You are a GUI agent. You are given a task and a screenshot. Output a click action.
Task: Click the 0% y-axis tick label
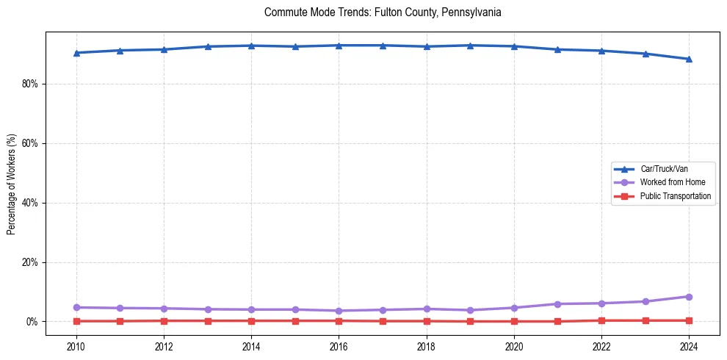pyautogui.click(x=32, y=322)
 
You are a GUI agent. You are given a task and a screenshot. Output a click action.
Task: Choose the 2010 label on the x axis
pyautogui.click(x=76, y=345)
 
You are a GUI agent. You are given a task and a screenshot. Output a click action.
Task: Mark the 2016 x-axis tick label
pyautogui.click(x=339, y=345)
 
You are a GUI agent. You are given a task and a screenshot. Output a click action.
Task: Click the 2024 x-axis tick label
pyautogui.click(x=689, y=345)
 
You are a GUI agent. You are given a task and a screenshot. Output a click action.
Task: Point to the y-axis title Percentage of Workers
pyautogui.click(x=12, y=183)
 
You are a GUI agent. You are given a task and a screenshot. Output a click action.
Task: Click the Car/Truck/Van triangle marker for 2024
pyautogui.click(x=689, y=59)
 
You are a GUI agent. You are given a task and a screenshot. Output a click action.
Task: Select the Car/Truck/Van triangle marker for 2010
pyautogui.click(x=76, y=53)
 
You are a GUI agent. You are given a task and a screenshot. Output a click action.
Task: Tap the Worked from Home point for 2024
pyautogui.click(x=689, y=297)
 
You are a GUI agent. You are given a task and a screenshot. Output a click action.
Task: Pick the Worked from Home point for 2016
pyautogui.click(x=339, y=311)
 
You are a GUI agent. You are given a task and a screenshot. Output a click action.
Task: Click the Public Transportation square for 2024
pyautogui.click(x=689, y=320)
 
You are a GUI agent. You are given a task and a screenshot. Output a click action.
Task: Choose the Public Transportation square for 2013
pyautogui.click(x=208, y=320)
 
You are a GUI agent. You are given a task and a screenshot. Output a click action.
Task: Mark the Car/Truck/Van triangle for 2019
pyautogui.click(x=470, y=46)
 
